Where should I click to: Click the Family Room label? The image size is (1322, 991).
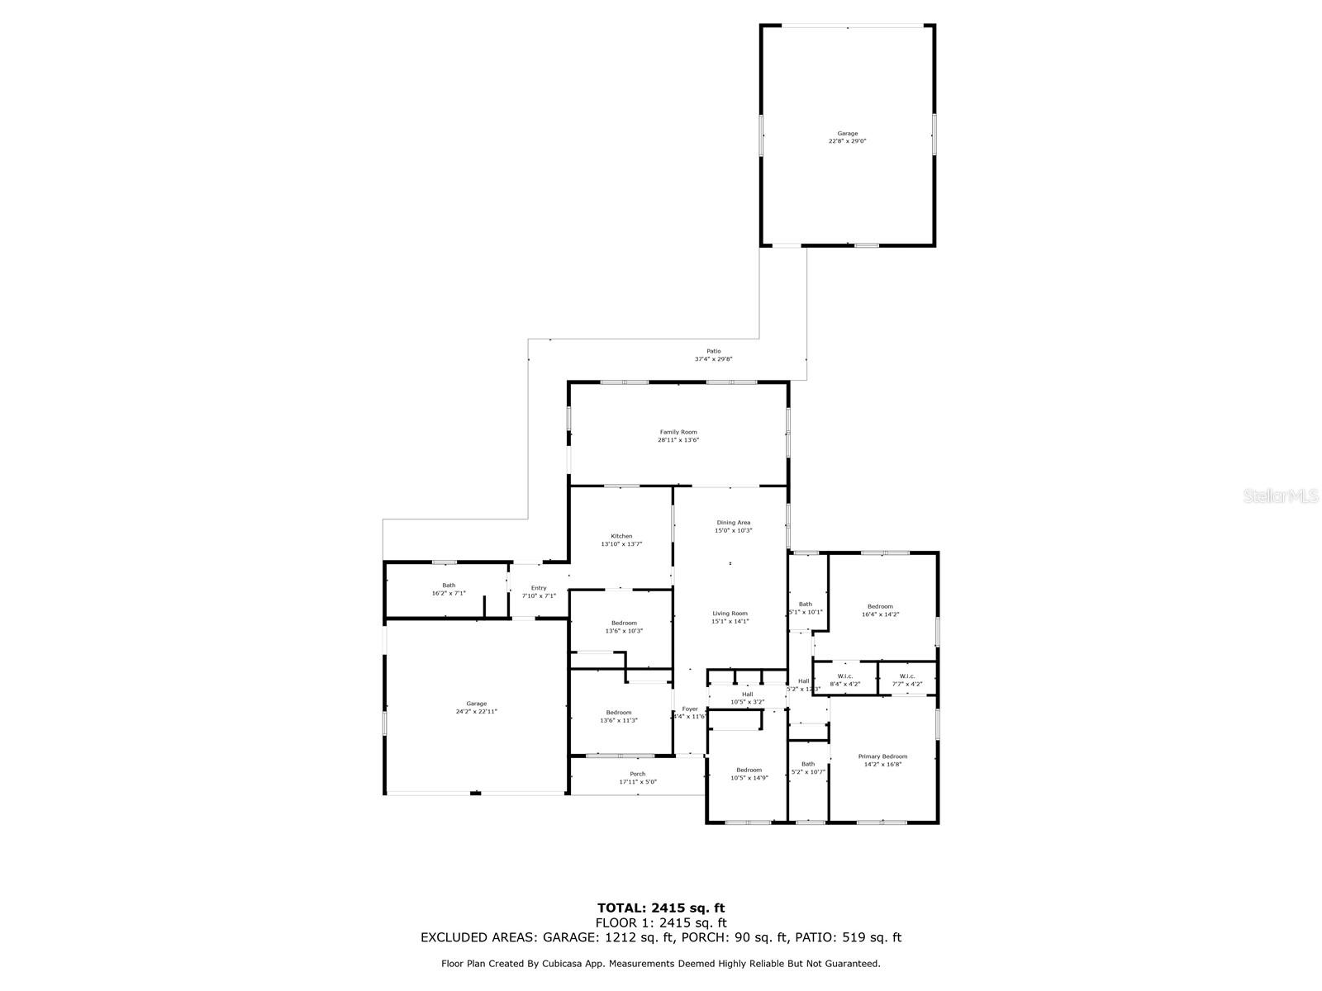(x=678, y=432)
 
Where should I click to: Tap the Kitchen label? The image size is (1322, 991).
(x=621, y=536)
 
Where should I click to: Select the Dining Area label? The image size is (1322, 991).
(x=733, y=523)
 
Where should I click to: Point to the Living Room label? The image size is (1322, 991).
(x=730, y=614)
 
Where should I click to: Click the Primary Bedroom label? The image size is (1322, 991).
(x=882, y=756)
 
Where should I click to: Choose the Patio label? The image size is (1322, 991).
(x=713, y=351)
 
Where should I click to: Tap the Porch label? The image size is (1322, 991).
(x=638, y=774)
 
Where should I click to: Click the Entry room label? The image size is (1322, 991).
(x=539, y=588)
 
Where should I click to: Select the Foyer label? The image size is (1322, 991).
(x=690, y=709)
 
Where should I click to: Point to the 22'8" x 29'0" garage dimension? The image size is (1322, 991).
(x=848, y=141)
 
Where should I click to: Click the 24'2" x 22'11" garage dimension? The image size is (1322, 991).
(x=477, y=712)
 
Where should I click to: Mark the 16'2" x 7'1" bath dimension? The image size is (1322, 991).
(x=449, y=593)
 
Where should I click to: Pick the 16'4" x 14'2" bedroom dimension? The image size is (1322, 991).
(x=880, y=614)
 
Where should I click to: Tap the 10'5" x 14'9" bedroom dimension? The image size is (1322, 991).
(x=749, y=778)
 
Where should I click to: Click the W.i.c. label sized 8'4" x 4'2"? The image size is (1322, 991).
(x=845, y=676)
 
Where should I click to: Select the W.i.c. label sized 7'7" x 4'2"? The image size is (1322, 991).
(x=907, y=676)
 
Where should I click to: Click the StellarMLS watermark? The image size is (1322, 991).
(x=1282, y=496)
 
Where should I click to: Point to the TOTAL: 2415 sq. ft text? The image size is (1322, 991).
(x=661, y=908)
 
